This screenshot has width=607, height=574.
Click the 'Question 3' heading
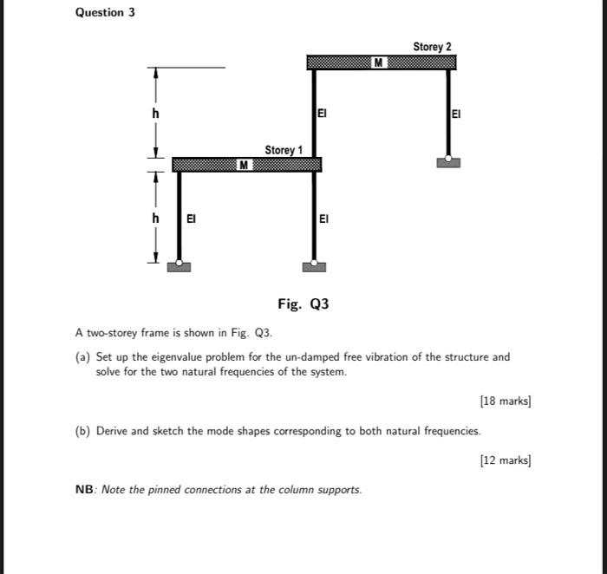105,12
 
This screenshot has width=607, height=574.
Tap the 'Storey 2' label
432,46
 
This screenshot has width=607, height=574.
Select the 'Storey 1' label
284,150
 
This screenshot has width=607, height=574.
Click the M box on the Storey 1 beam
245,164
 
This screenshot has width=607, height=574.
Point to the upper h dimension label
155,113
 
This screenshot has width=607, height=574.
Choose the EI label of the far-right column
457,114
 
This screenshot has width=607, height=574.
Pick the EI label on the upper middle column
322,113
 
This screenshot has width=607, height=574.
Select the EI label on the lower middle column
323,219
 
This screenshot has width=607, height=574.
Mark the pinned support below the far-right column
448,160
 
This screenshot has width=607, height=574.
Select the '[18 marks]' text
506,401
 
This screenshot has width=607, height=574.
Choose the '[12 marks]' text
506,460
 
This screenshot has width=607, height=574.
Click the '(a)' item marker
83,356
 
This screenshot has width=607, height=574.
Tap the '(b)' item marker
83,431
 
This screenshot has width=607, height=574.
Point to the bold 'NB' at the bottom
85,490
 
